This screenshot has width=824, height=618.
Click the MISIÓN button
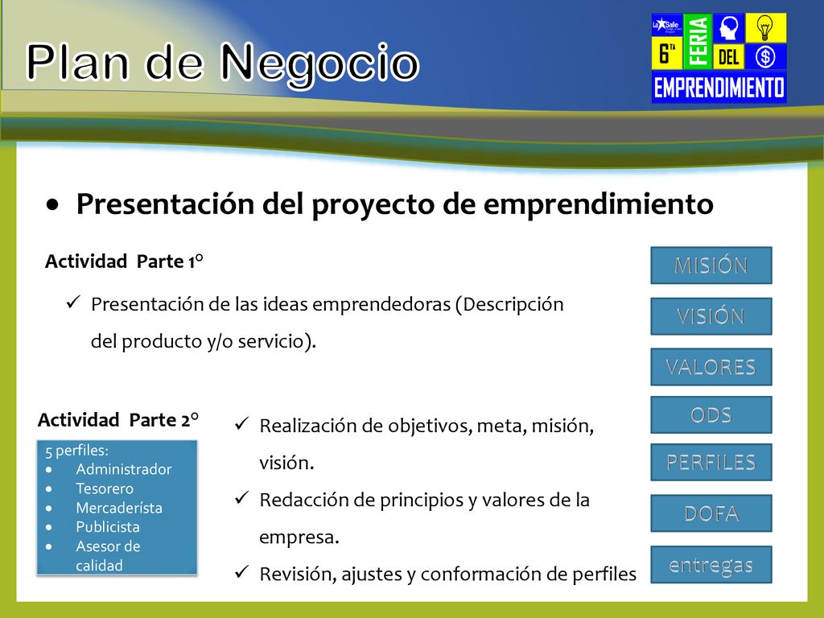click(x=711, y=266)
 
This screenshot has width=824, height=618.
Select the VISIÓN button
click(x=711, y=316)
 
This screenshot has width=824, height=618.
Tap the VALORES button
click(x=711, y=367)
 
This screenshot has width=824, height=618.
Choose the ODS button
click(x=711, y=414)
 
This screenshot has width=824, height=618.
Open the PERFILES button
click(x=711, y=463)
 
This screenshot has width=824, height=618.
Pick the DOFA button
click(x=711, y=513)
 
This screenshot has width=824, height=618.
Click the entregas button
click(x=711, y=565)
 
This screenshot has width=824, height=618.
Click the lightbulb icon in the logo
click(x=765, y=27)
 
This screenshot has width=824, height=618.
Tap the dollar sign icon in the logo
click(x=765, y=56)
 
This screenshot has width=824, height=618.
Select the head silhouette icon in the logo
click(x=729, y=27)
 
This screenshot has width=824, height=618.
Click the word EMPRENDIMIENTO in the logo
click(x=719, y=87)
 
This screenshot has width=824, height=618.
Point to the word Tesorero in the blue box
click(x=105, y=488)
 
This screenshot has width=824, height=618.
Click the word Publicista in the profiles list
click(x=108, y=527)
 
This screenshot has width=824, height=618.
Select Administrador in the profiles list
click(x=123, y=469)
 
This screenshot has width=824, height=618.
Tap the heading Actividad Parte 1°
click(x=124, y=262)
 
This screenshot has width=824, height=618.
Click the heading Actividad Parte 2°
click(x=118, y=420)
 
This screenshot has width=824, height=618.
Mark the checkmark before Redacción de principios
click(x=241, y=497)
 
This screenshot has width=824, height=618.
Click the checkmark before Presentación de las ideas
click(x=73, y=303)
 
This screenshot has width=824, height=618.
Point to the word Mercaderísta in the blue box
click(x=119, y=509)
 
